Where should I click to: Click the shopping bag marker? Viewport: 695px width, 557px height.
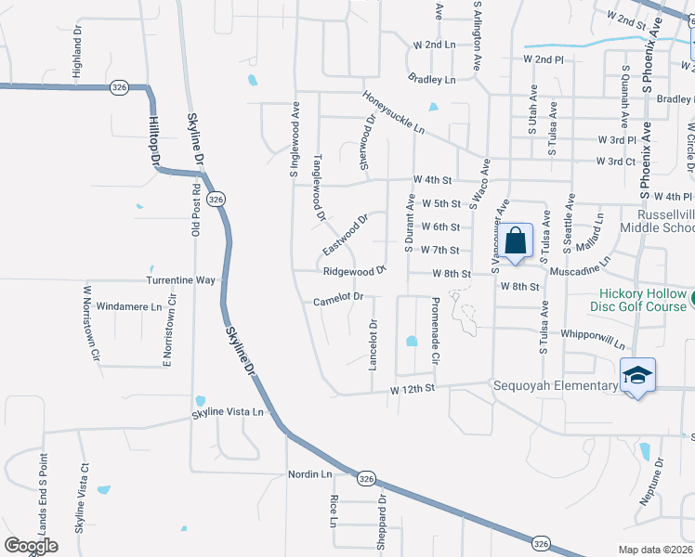tap(517, 242)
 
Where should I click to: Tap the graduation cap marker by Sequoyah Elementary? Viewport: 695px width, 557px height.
tap(636, 375)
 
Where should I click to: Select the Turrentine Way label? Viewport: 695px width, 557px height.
tap(180, 279)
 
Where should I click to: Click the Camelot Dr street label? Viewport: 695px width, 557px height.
tap(336, 298)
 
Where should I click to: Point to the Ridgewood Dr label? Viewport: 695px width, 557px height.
tap(354, 272)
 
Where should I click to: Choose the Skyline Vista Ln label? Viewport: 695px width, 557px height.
tap(228, 412)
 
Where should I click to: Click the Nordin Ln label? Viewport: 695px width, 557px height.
tap(310, 474)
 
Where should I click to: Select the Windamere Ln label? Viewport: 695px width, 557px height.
tap(129, 305)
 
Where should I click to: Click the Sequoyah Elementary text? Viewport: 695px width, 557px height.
tap(555, 385)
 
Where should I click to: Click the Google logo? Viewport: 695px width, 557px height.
tap(30, 546)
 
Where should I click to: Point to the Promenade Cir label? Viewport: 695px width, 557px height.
tap(434, 318)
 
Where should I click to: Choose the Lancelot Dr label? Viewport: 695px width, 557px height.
tap(374, 345)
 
